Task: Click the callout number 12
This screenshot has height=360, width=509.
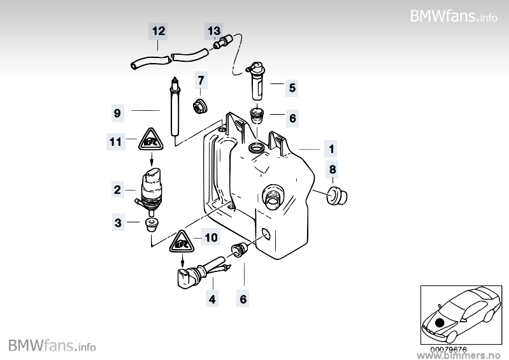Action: pos(159,31)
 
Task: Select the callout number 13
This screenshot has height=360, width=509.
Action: pos(213,31)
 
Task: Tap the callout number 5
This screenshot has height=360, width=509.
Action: pos(292,87)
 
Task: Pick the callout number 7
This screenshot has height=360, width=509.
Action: pos(201,80)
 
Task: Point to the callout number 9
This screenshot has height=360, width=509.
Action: pos(117,113)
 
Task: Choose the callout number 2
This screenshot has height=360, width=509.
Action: pos(117,189)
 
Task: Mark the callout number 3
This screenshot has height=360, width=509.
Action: pos(117,222)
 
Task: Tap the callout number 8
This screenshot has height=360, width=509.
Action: pos(331,169)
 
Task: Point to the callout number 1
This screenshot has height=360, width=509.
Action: pos(331,150)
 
